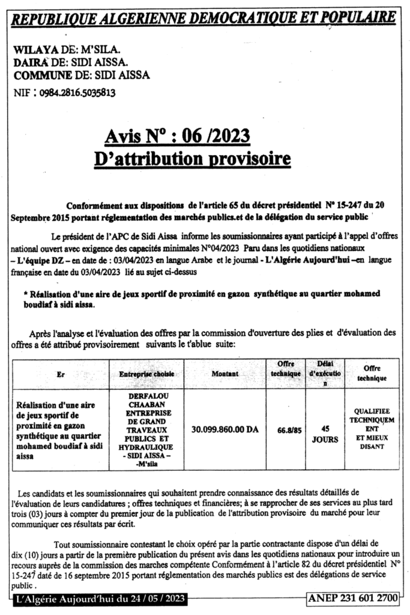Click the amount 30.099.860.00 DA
(226, 430)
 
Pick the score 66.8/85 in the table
(289, 430)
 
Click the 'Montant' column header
(225, 373)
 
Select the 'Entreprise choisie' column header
(146, 373)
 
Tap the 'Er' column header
(61, 373)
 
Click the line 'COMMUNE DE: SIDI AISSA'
(82, 75)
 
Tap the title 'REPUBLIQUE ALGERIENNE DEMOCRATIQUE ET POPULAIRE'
(205, 19)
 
